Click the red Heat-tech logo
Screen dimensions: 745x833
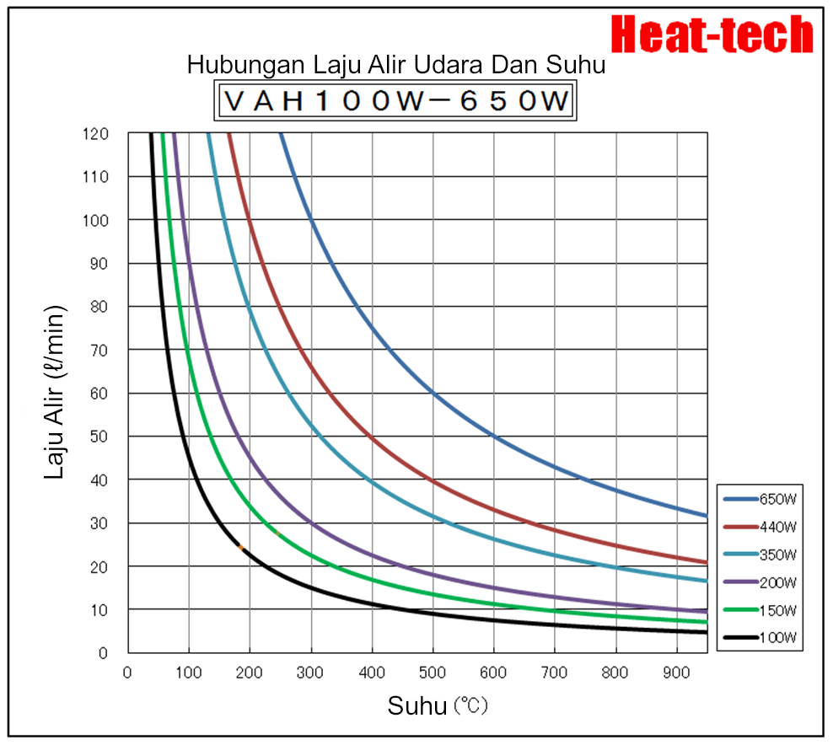click(x=712, y=35)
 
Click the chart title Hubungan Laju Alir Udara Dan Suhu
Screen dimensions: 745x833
click(x=395, y=65)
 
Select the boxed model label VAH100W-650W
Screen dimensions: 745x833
click(x=395, y=101)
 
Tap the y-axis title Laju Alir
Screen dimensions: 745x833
click(x=55, y=394)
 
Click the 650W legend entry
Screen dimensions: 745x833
click(x=760, y=499)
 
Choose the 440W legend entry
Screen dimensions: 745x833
click(x=760, y=527)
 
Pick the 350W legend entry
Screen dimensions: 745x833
click(x=760, y=555)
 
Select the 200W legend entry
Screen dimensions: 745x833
click(x=760, y=582)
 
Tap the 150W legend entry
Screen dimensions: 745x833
click(x=760, y=610)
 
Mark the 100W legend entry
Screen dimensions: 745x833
click(x=760, y=638)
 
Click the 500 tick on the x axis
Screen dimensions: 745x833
click(x=433, y=673)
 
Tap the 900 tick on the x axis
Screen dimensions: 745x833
click(x=676, y=673)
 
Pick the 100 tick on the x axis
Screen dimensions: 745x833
click(x=189, y=673)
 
